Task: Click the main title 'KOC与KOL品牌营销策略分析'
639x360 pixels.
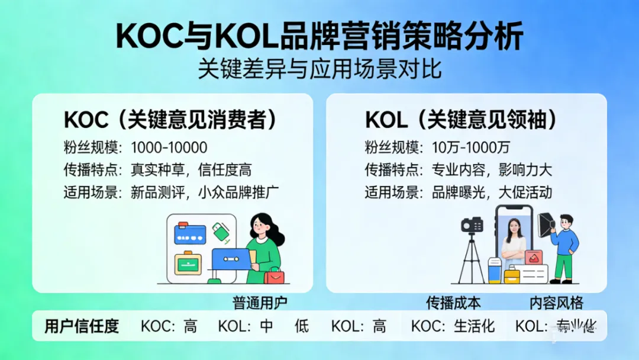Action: click(x=319, y=37)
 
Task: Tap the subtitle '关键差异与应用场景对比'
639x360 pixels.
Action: click(x=319, y=69)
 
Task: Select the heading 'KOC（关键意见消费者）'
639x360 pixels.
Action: click(x=170, y=120)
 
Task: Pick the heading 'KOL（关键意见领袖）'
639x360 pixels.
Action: click(x=461, y=120)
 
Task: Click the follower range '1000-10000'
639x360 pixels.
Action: click(x=169, y=147)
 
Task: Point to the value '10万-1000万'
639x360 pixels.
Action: click(x=471, y=147)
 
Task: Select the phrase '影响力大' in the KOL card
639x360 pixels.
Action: click(x=525, y=170)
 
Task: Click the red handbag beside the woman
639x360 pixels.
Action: click(x=274, y=275)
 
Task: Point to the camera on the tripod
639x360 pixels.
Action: click(x=472, y=224)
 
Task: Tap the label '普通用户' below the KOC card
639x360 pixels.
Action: click(x=260, y=303)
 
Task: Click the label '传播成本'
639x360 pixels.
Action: click(x=453, y=303)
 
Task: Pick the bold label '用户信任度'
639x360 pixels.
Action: click(x=82, y=326)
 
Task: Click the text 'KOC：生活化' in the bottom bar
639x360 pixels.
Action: click(x=453, y=326)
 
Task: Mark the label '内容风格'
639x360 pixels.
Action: click(x=556, y=303)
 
